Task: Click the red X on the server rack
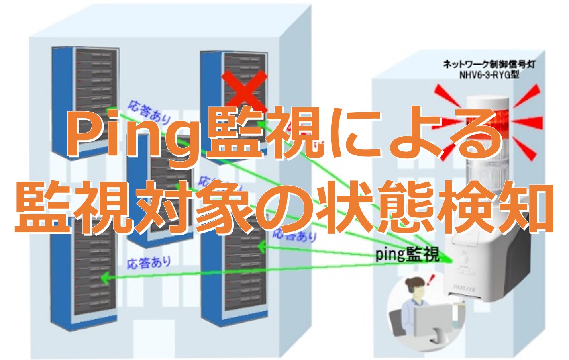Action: coord(244,88)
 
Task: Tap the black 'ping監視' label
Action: coord(407,254)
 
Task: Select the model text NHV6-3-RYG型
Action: coord(489,74)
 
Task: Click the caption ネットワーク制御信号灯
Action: coord(489,64)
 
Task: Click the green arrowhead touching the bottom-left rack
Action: coord(104,277)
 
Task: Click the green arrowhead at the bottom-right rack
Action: coord(262,247)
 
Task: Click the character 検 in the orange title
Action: coord(461,207)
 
